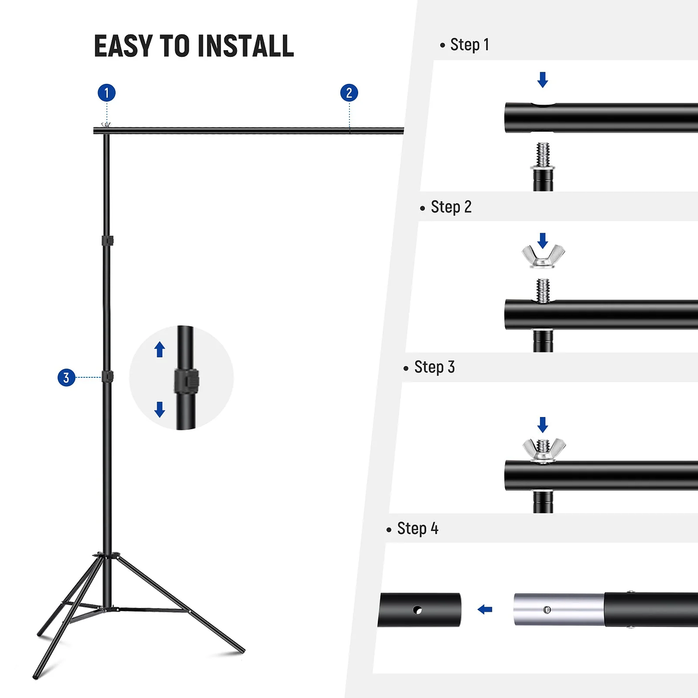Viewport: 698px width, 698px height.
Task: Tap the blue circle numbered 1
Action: coord(107,93)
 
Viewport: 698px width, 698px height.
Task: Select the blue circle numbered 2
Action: coord(349,93)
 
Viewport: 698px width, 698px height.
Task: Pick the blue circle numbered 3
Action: coord(66,378)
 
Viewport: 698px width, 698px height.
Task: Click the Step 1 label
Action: coord(469,45)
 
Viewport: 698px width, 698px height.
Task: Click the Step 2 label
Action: coord(451,207)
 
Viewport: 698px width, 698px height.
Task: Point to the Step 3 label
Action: coord(434,367)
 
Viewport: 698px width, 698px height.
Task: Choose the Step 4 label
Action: coord(418,528)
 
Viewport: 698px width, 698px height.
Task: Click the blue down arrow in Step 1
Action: coord(542,80)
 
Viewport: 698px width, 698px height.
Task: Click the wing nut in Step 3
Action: coord(544,451)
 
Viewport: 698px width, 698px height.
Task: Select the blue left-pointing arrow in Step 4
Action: coord(485,609)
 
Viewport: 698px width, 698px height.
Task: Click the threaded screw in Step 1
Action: coord(543,155)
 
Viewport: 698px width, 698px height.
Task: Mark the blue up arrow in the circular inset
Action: coord(160,349)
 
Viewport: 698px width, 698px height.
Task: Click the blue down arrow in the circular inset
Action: coord(160,409)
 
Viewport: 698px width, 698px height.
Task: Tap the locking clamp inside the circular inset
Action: coord(187,381)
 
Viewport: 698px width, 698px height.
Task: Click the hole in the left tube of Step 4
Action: coord(418,610)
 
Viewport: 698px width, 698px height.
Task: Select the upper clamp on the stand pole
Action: coord(108,241)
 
